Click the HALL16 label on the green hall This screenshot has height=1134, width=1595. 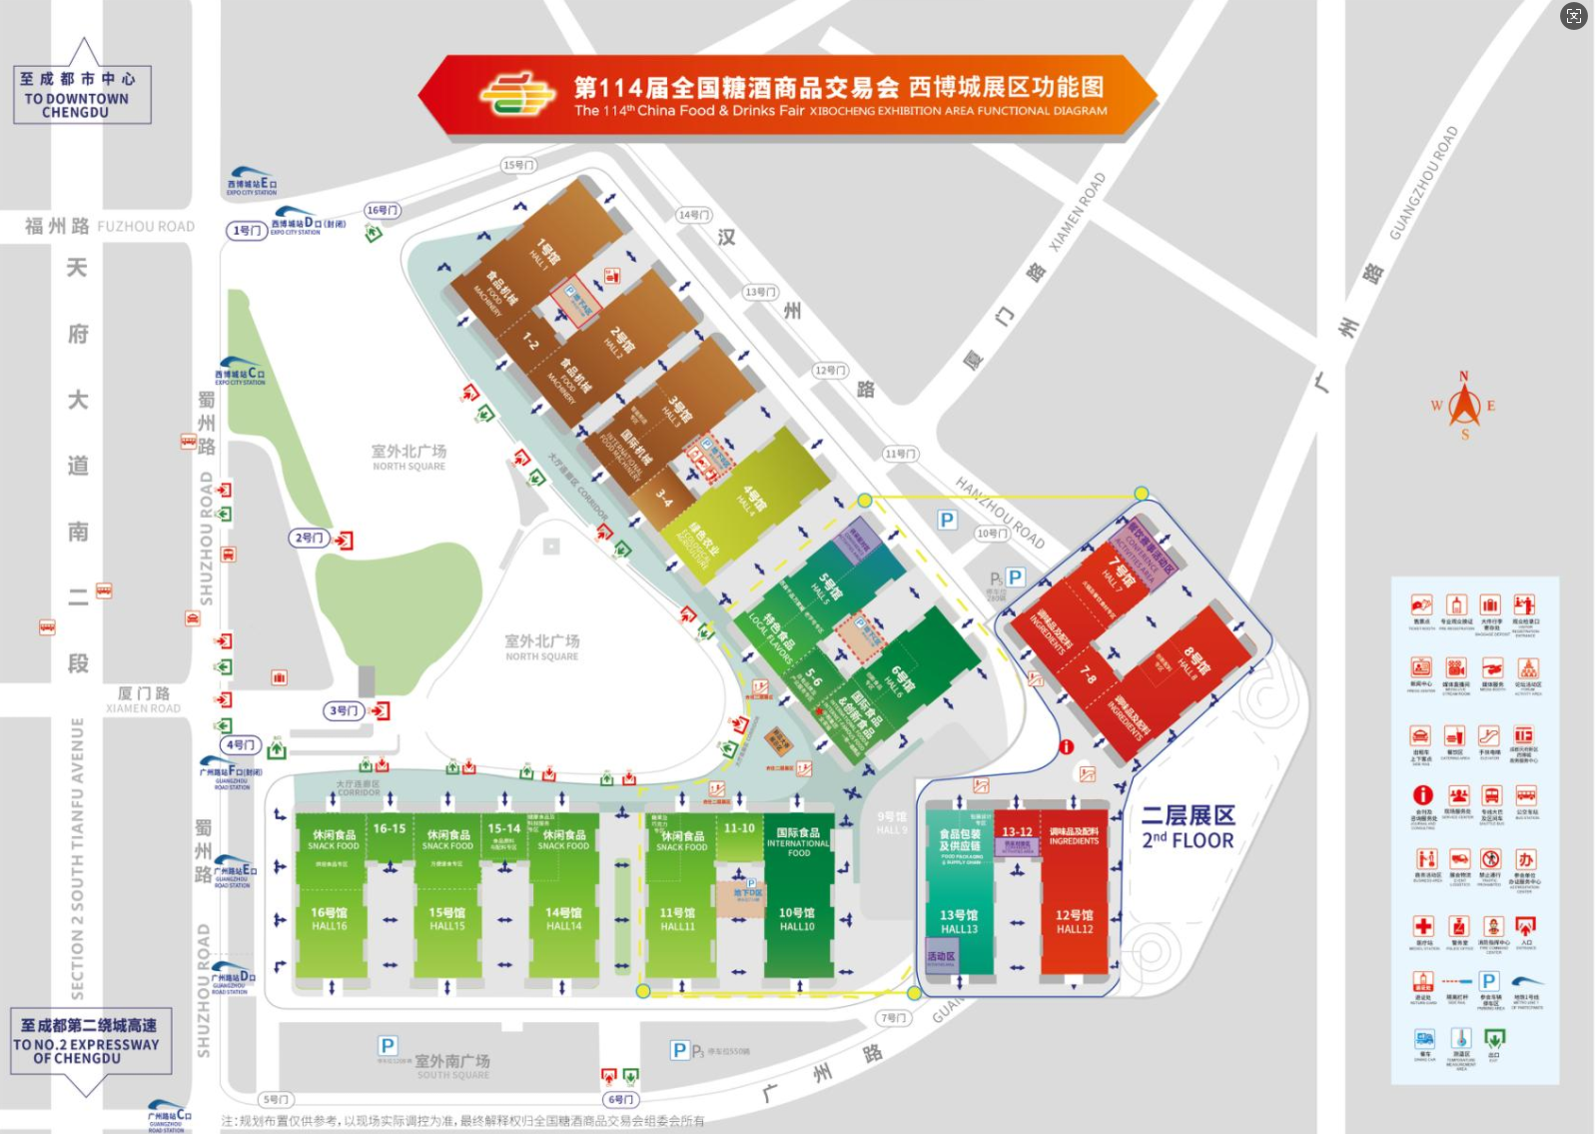tap(329, 919)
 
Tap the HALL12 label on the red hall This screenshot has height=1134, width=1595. tap(1075, 921)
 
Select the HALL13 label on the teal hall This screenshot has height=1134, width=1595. tap(959, 921)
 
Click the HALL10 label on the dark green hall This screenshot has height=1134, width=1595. tap(797, 919)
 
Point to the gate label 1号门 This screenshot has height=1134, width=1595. tap(246, 231)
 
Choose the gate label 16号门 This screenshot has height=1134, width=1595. tap(383, 210)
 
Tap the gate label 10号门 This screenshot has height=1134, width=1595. tap(992, 534)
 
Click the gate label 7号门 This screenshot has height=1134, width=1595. tap(893, 1018)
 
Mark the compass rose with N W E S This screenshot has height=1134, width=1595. tap(1464, 406)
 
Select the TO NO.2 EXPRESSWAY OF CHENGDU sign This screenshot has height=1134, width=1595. tap(88, 1041)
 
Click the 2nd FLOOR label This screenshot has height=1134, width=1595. tap(1189, 828)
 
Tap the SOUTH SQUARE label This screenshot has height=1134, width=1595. tap(452, 1066)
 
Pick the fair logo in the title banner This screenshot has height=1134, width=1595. tap(515, 95)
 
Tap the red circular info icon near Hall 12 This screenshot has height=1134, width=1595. tap(1067, 746)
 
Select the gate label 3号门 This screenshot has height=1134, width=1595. tap(342, 711)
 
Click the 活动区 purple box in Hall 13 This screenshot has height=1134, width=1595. tap(941, 956)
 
